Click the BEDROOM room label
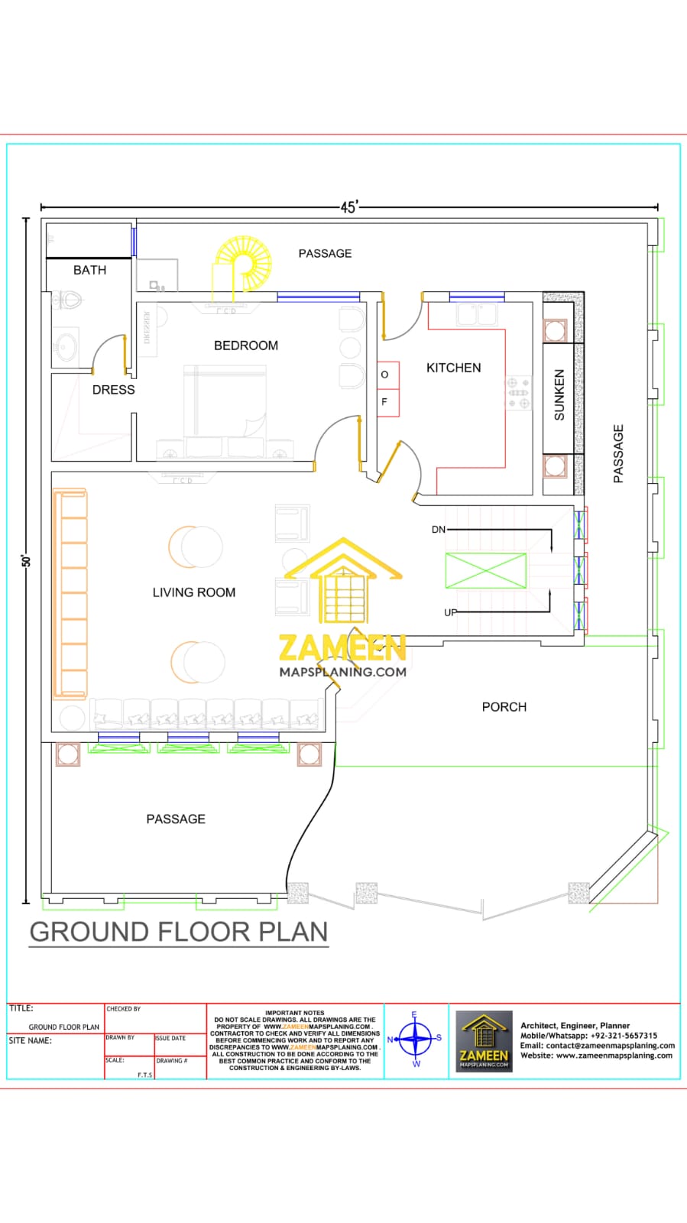(x=245, y=345)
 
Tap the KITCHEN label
(x=453, y=368)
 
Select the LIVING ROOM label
(x=193, y=592)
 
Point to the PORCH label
(x=504, y=707)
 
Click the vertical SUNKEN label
(x=559, y=395)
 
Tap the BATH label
(x=89, y=270)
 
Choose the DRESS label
(x=113, y=390)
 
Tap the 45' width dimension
(x=348, y=207)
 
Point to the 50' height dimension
(x=26, y=560)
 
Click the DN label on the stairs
(x=438, y=529)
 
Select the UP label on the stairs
(x=450, y=612)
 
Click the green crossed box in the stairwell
(x=485, y=570)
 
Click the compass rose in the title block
(x=416, y=1038)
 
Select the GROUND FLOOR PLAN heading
(x=179, y=932)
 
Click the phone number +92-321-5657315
(x=623, y=1036)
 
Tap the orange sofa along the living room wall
(x=70, y=594)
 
